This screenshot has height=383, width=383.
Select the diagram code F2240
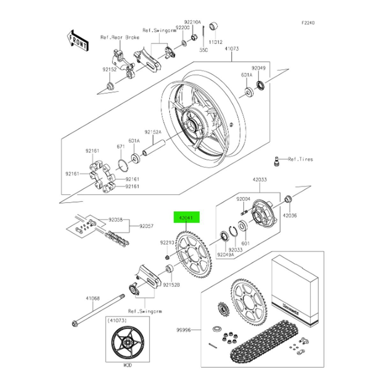(x=308, y=23)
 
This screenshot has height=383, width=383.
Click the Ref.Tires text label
(x=301, y=159)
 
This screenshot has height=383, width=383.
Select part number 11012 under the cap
(x=216, y=42)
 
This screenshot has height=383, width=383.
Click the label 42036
(x=289, y=215)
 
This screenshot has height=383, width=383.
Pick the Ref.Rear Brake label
(x=120, y=37)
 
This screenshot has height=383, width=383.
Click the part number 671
(x=120, y=146)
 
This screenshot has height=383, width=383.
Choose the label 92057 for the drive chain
(x=146, y=226)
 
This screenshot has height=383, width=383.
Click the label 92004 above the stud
(x=244, y=199)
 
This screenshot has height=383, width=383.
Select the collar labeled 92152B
(x=169, y=269)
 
